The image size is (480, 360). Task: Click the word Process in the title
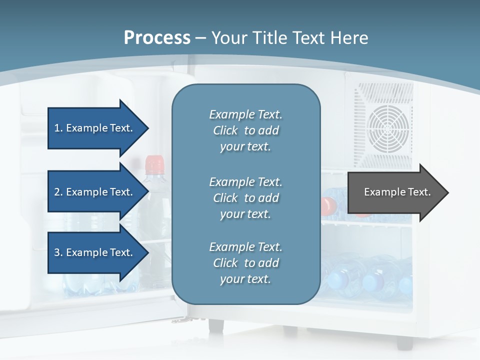click(x=157, y=38)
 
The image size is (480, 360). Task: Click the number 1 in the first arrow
click(x=57, y=128)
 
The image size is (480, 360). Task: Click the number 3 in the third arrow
click(x=57, y=252)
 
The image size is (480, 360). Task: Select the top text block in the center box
click(x=245, y=130)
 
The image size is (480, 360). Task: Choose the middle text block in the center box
click(x=245, y=198)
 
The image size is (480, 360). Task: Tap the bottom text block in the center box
click(x=245, y=263)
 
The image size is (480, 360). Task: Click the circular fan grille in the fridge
click(x=388, y=129)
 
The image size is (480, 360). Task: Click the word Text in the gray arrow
click(x=419, y=192)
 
